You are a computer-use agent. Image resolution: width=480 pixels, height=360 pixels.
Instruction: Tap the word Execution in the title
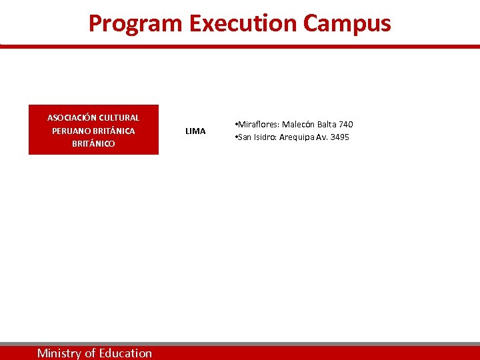click(x=243, y=23)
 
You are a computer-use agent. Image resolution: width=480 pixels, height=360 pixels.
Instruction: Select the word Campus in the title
click(x=347, y=23)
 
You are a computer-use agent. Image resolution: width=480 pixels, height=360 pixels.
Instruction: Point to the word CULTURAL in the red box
click(x=119, y=118)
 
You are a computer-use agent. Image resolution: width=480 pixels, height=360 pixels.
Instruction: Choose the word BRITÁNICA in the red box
click(x=114, y=131)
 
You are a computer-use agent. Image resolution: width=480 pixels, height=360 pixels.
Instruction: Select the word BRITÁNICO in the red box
click(x=93, y=143)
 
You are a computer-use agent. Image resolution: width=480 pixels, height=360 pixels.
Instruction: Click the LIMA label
click(x=195, y=131)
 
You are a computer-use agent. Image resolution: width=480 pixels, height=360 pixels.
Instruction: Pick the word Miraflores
click(x=258, y=125)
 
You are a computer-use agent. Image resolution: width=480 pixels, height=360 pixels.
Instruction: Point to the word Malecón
click(x=298, y=125)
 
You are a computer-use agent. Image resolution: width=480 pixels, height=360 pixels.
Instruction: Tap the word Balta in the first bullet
click(x=327, y=125)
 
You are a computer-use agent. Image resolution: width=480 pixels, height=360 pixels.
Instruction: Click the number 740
click(x=346, y=125)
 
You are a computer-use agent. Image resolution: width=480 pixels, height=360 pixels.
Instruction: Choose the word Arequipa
click(x=303, y=137)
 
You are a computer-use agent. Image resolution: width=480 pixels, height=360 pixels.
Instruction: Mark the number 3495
click(x=339, y=137)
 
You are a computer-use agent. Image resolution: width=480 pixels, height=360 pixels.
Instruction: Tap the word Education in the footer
click(x=125, y=353)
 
